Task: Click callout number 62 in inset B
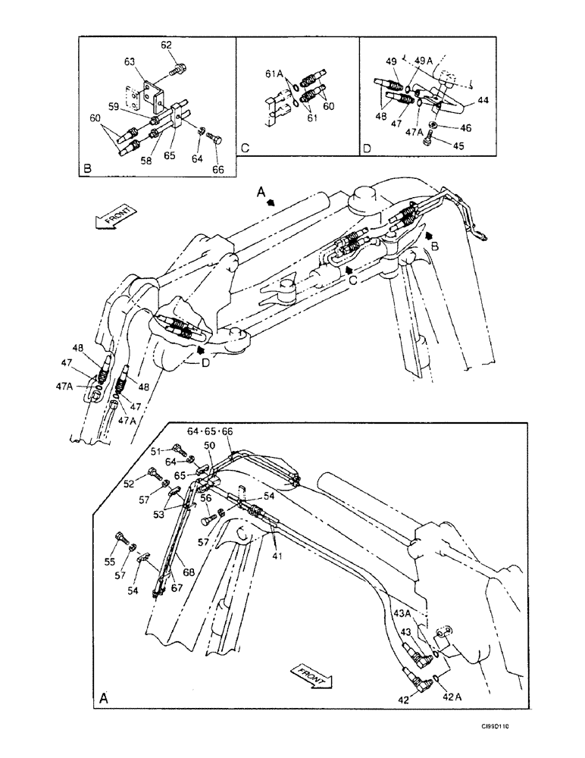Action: point(167,45)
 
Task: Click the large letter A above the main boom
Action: point(261,195)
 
